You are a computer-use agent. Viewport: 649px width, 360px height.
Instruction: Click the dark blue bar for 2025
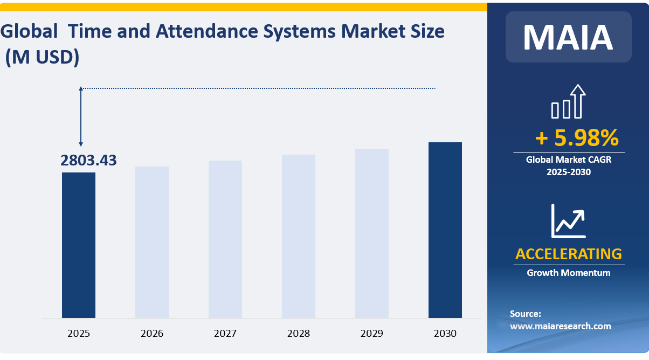79,245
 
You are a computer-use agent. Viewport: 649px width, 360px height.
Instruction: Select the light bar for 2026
152,242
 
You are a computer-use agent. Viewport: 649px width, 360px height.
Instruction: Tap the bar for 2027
225,239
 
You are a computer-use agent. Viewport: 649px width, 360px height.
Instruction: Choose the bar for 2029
372,233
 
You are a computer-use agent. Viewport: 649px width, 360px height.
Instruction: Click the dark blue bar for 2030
445,230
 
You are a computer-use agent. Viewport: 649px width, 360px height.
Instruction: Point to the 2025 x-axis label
79,334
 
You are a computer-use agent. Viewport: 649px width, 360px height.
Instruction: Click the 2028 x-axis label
299,334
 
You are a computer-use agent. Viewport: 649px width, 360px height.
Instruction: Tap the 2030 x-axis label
445,334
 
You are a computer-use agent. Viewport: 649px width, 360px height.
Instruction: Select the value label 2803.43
88,160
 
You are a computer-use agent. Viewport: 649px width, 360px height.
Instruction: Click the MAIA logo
568,37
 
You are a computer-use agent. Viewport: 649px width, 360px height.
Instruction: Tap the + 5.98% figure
576,139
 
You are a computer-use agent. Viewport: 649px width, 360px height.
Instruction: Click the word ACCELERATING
569,254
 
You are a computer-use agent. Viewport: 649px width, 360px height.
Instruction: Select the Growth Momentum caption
569,273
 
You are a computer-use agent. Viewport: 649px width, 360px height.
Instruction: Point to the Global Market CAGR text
569,160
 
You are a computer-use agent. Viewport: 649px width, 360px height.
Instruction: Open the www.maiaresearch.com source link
561,326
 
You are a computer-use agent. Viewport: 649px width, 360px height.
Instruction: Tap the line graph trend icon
568,221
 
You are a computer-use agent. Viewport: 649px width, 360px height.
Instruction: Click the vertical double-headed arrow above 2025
81,116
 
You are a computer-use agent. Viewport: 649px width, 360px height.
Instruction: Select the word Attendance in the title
209,31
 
